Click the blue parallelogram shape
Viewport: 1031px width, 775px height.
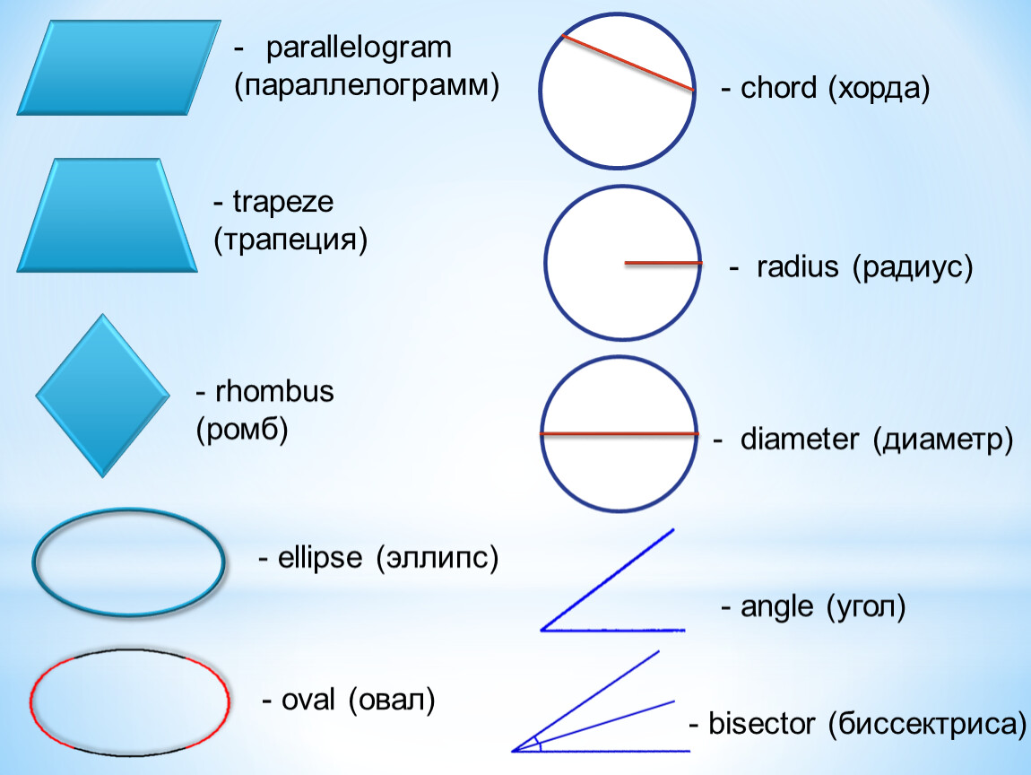click(x=118, y=67)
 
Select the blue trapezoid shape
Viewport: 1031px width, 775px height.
click(x=108, y=215)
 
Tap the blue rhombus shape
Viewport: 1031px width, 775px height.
click(x=102, y=396)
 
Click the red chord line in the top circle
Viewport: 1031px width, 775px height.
click(x=628, y=62)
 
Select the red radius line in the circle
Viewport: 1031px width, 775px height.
click(x=663, y=263)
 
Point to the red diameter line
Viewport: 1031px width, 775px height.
click(x=619, y=434)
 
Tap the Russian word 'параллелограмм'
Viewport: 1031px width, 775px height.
click(x=366, y=86)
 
